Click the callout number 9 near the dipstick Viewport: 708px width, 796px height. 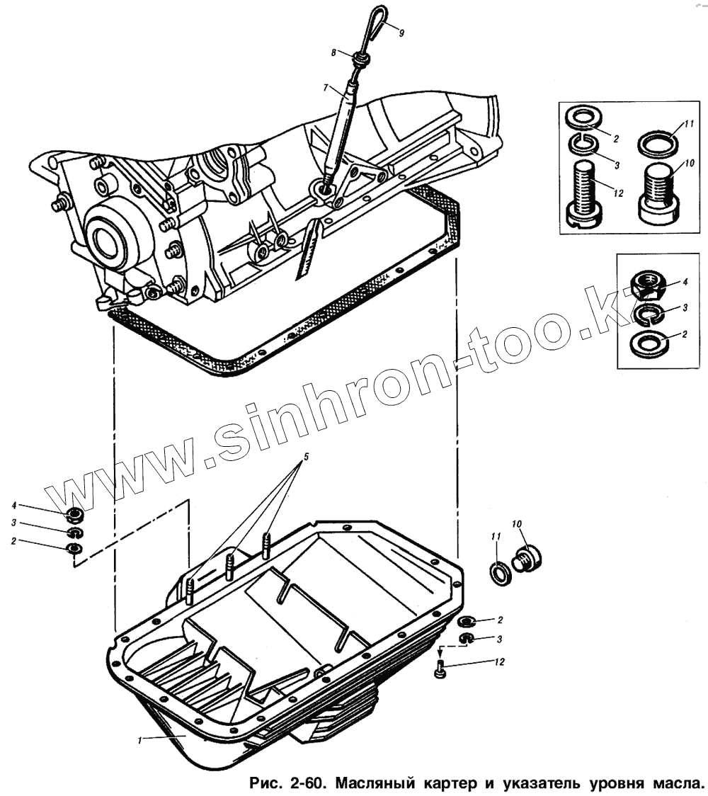point(401,33)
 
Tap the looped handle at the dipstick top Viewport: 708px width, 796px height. point(372,19)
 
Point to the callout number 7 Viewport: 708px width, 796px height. point(326,88)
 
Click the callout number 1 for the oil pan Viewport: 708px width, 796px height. point(141,740)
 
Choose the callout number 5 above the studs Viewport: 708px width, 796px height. point(305,458)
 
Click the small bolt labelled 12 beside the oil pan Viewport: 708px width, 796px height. point(440,666)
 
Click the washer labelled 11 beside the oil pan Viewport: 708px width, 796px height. point(499,572)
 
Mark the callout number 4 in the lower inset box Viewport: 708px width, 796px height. point(685,281)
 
